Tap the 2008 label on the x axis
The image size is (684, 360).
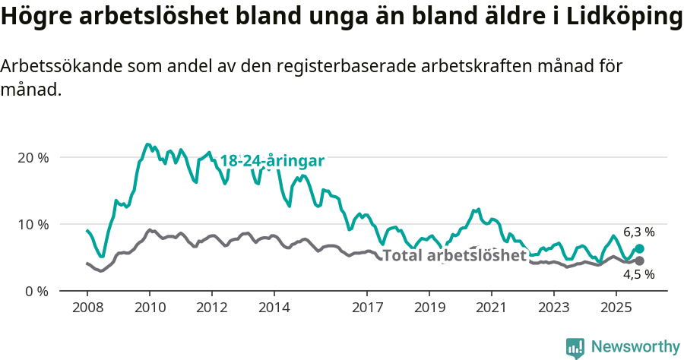pyautogui.click(x=87, y=308)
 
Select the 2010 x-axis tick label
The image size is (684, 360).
pyautogui.click(x=149, y=308)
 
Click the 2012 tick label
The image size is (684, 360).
pyautogui.click(x=211, y=308)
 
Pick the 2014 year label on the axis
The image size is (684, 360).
pyautogui.click(x=274, y=308)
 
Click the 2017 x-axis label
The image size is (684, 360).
pyautogui.click(x=367, y=308)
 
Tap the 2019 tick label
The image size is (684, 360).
pyautogui.click(x=429, y=308)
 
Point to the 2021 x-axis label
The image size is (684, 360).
pyautogui.click(x=491, y=308)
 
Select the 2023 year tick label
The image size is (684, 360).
pyautogui.click(x=553, y=308)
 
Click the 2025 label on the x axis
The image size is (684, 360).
pyautogui.click(x=616, y=308)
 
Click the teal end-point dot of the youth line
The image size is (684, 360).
pyautogui.click(x=639, y=248)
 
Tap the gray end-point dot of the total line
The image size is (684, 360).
pyautogui.click(x=639, y=261)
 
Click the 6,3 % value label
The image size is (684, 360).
pyautogui.click(x=638, y=232)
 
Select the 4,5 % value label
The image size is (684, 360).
pyautogui.click(x=638, y=275)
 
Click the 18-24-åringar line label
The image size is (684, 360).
pyautogui.click(x=272, y=161)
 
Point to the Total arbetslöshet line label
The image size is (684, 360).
pyautogui.click(x=454, y=255)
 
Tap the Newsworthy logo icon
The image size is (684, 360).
pyautogui.click(x=575, y=348)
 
